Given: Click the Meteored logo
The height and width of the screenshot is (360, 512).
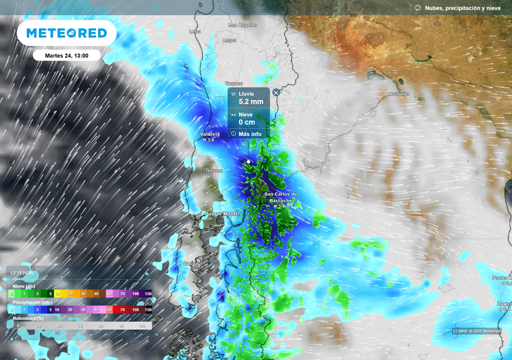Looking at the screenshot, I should point(66,33).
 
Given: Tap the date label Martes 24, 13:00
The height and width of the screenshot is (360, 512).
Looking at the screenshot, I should point(66,55).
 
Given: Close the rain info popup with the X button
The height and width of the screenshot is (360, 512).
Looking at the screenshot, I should point(276,92).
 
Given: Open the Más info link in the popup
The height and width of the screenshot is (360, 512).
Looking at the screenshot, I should point(249,134).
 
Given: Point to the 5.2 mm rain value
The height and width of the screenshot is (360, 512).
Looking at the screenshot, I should point(250,101).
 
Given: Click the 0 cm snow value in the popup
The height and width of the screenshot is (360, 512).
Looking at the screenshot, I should point(247,122).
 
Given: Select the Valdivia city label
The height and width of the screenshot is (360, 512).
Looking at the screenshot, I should point(209,134).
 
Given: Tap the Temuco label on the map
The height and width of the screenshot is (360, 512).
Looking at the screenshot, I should point(233,83).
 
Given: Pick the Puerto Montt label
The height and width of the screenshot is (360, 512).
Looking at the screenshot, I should point(221,214).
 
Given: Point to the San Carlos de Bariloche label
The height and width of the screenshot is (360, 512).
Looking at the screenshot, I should point(280,197).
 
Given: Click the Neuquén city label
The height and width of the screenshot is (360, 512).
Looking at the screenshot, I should point(399,94).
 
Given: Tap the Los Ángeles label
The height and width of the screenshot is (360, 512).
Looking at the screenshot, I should point(242,25).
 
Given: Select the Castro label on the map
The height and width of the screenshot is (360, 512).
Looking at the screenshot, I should point(191,263).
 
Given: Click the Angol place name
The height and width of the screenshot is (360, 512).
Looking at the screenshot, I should point(229,40).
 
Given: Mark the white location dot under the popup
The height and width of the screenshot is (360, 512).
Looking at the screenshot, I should point(248,161).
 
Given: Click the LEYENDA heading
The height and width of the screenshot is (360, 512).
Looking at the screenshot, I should point(22,273).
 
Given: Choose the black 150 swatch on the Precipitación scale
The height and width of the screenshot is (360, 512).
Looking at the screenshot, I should point(148,310).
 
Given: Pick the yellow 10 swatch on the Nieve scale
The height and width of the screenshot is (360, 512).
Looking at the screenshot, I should point(57,294).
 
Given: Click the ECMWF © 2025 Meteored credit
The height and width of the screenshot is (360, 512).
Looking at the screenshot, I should point(476,331).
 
